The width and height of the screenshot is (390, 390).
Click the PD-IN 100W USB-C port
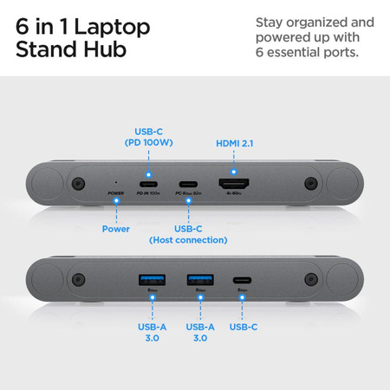(x=147, y=185)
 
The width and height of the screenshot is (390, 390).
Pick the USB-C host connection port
(x=188, y=185)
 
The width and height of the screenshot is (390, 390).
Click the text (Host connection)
(x=188, y=239)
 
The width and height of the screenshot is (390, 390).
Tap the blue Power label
(x=115, y=229)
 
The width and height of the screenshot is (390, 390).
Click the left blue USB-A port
(x=151, y=280)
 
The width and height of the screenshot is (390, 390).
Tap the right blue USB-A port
(x=198, y=280)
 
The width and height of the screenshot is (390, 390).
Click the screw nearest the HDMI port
(x=309, y=184)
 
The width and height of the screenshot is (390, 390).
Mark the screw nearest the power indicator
(x=78, y=184)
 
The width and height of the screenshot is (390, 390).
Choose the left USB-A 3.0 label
(x=151, y=332)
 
